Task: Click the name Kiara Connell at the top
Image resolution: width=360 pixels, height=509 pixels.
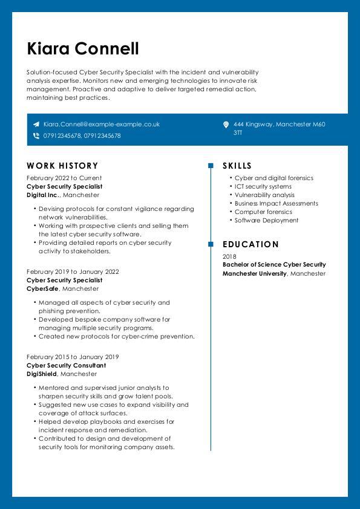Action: (83, 48)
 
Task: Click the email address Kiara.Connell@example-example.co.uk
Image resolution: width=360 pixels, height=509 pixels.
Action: (101, 124)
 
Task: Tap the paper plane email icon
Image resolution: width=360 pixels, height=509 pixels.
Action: (36, 124)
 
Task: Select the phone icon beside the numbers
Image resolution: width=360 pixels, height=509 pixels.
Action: (36, 136)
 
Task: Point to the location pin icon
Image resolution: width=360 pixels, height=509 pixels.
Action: (226, 125)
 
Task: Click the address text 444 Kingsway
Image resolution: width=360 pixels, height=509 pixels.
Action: (254, 124)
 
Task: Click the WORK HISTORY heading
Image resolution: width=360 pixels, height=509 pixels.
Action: (62, 166)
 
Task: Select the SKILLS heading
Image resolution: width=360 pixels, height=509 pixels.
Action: (237, 166)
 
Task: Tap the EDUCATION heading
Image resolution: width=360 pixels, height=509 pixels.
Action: (250, 244)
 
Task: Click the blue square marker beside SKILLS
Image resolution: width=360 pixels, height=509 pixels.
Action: (211, 166)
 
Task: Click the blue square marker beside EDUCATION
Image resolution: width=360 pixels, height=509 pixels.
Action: (211, 244)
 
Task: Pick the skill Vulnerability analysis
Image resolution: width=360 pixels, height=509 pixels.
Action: (264, 195)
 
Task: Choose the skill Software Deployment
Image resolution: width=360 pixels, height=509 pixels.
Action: (266, 221)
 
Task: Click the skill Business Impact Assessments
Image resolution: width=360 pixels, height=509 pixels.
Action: (276, 204)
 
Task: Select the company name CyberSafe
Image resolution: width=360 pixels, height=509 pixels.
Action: (42, 289)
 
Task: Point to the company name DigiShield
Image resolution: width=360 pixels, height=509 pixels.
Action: (43, 374)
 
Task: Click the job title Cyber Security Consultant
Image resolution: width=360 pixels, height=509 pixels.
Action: (66, 366)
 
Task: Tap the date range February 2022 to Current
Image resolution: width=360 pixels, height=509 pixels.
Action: (64, 178)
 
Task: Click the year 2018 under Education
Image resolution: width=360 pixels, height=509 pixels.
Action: (229, 256)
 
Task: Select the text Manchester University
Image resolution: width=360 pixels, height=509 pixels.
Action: (254, 274)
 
